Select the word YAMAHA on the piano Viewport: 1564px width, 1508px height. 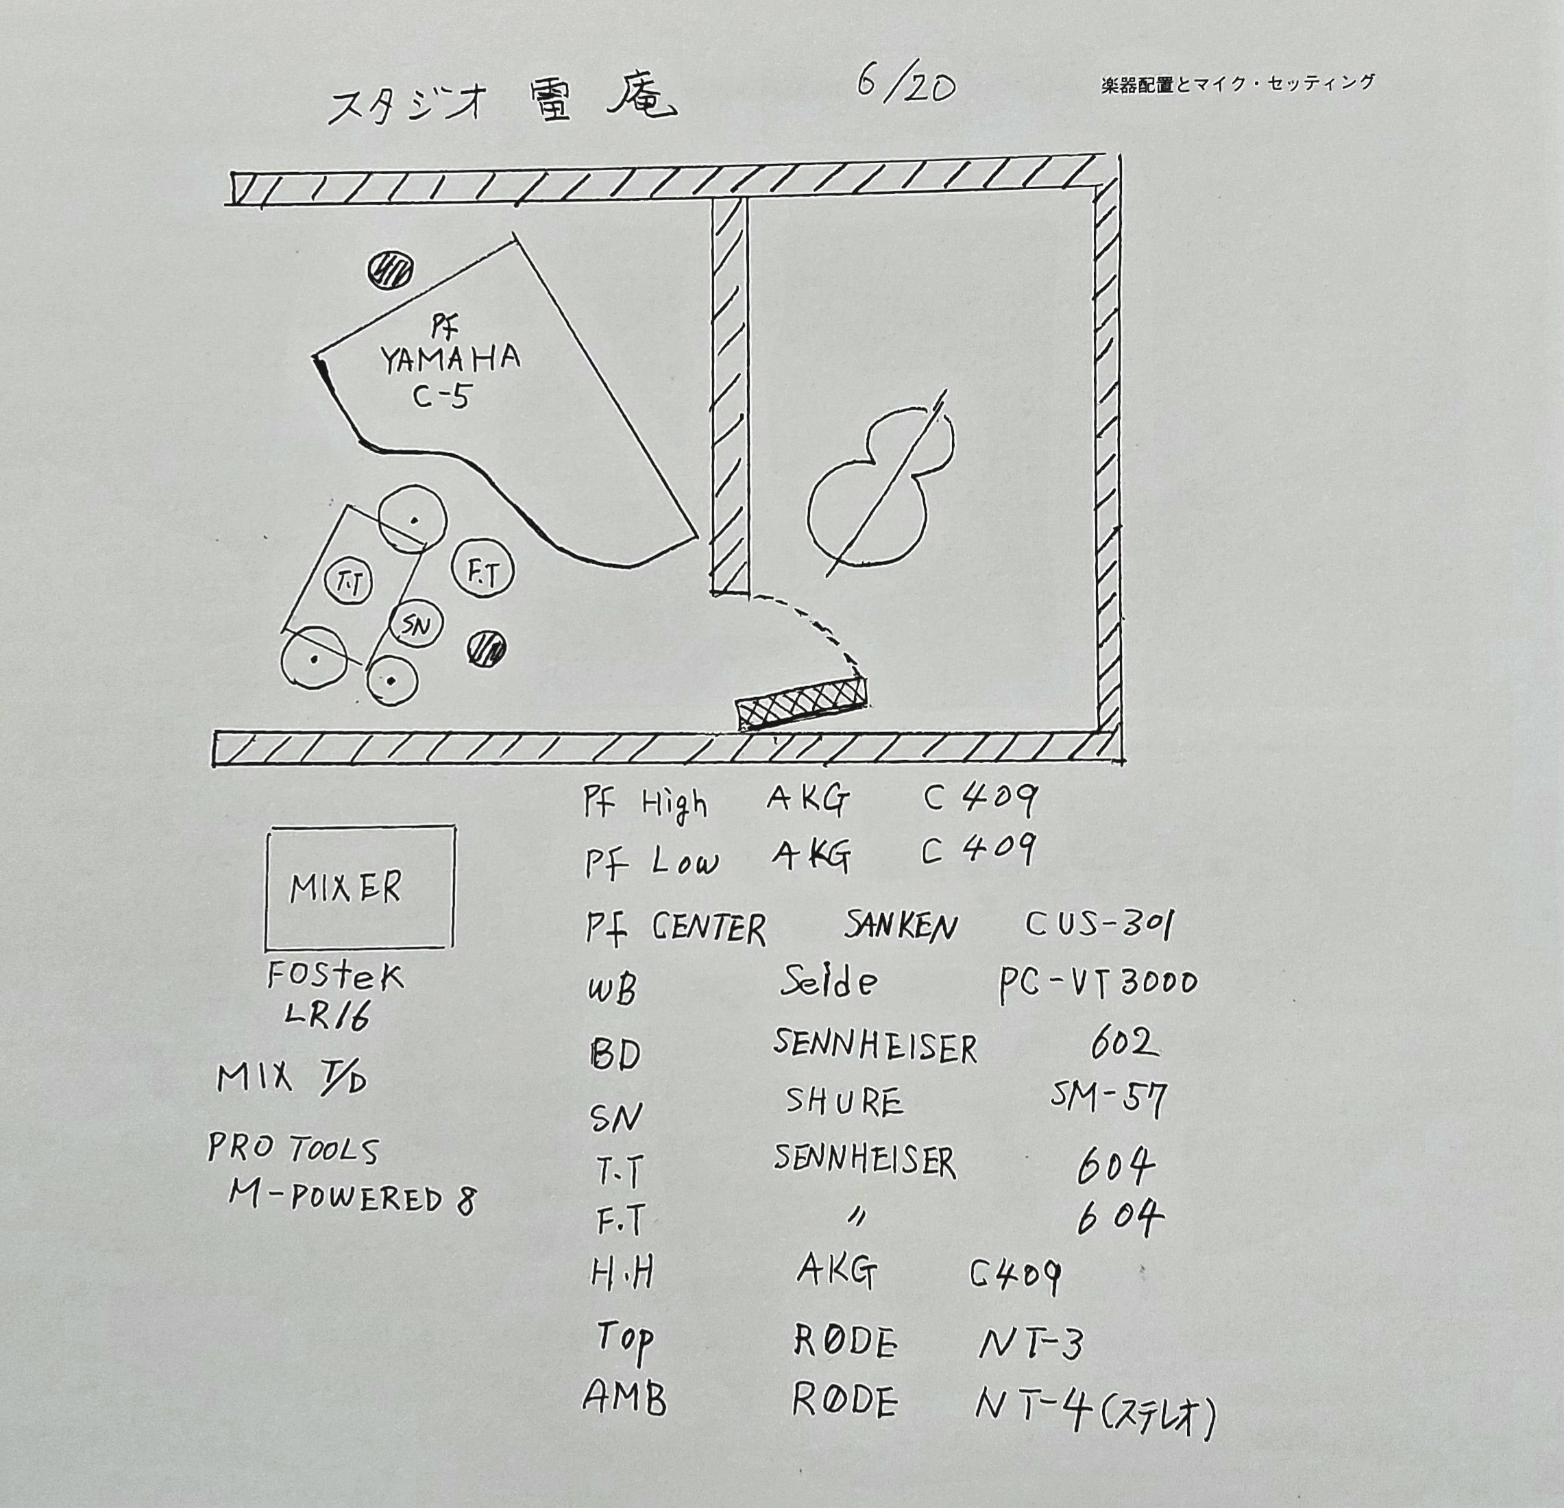click(x=450, y=361)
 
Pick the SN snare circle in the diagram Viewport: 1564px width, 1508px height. click(x=416, y=624)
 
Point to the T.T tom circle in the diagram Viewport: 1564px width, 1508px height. click(x=349, y=580)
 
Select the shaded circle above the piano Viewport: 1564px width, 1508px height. click(x=390, y=271)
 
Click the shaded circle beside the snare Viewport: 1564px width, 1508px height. click(x=486, y=650)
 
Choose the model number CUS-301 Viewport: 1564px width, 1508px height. click(x=1099, y=925)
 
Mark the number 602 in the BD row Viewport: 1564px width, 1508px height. click(x=1123, y=1042)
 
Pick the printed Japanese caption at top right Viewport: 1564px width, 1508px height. click(x=1238, y=84)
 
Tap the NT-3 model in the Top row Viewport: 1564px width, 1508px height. click(x=1030, y=1343)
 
